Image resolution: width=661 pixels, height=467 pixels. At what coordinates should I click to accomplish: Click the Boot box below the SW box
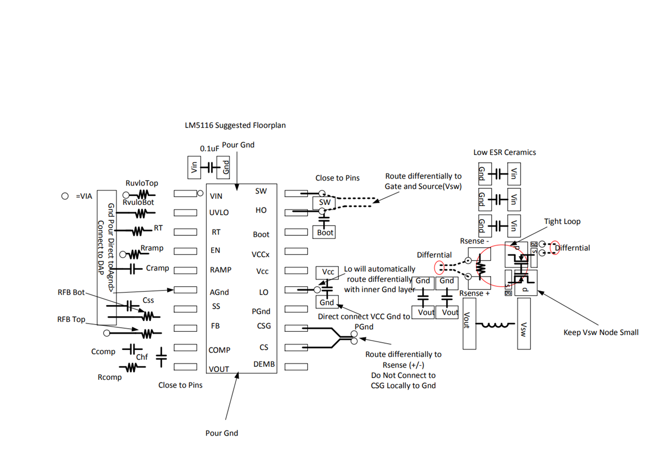click(325, 233)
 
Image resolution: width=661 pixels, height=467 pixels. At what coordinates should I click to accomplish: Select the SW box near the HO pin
click(324, 202)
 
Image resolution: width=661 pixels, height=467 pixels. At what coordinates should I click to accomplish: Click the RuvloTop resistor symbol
click(142, 195)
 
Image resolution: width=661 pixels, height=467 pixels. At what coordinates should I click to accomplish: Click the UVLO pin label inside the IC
click(219, 212)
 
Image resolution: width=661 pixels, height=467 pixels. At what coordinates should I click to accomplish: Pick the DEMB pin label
click(264, 365)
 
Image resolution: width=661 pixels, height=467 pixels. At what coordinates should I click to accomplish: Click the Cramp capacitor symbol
click(133, 268)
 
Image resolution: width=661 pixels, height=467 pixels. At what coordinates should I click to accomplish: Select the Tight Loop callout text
click(562, 221)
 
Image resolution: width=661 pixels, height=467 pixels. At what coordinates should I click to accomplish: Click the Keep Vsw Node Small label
click(601, 333)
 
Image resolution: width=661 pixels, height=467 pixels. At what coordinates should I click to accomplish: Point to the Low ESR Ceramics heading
click(505, 153)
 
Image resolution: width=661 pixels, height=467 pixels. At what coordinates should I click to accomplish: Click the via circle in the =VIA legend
click(65, 197)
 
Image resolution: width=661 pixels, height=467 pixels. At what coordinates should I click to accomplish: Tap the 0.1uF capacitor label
click(210, 149)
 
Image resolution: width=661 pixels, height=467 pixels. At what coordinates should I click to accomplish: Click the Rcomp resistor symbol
click(131, 367)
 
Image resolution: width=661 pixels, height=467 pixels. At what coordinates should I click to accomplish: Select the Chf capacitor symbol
click(161, 356)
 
